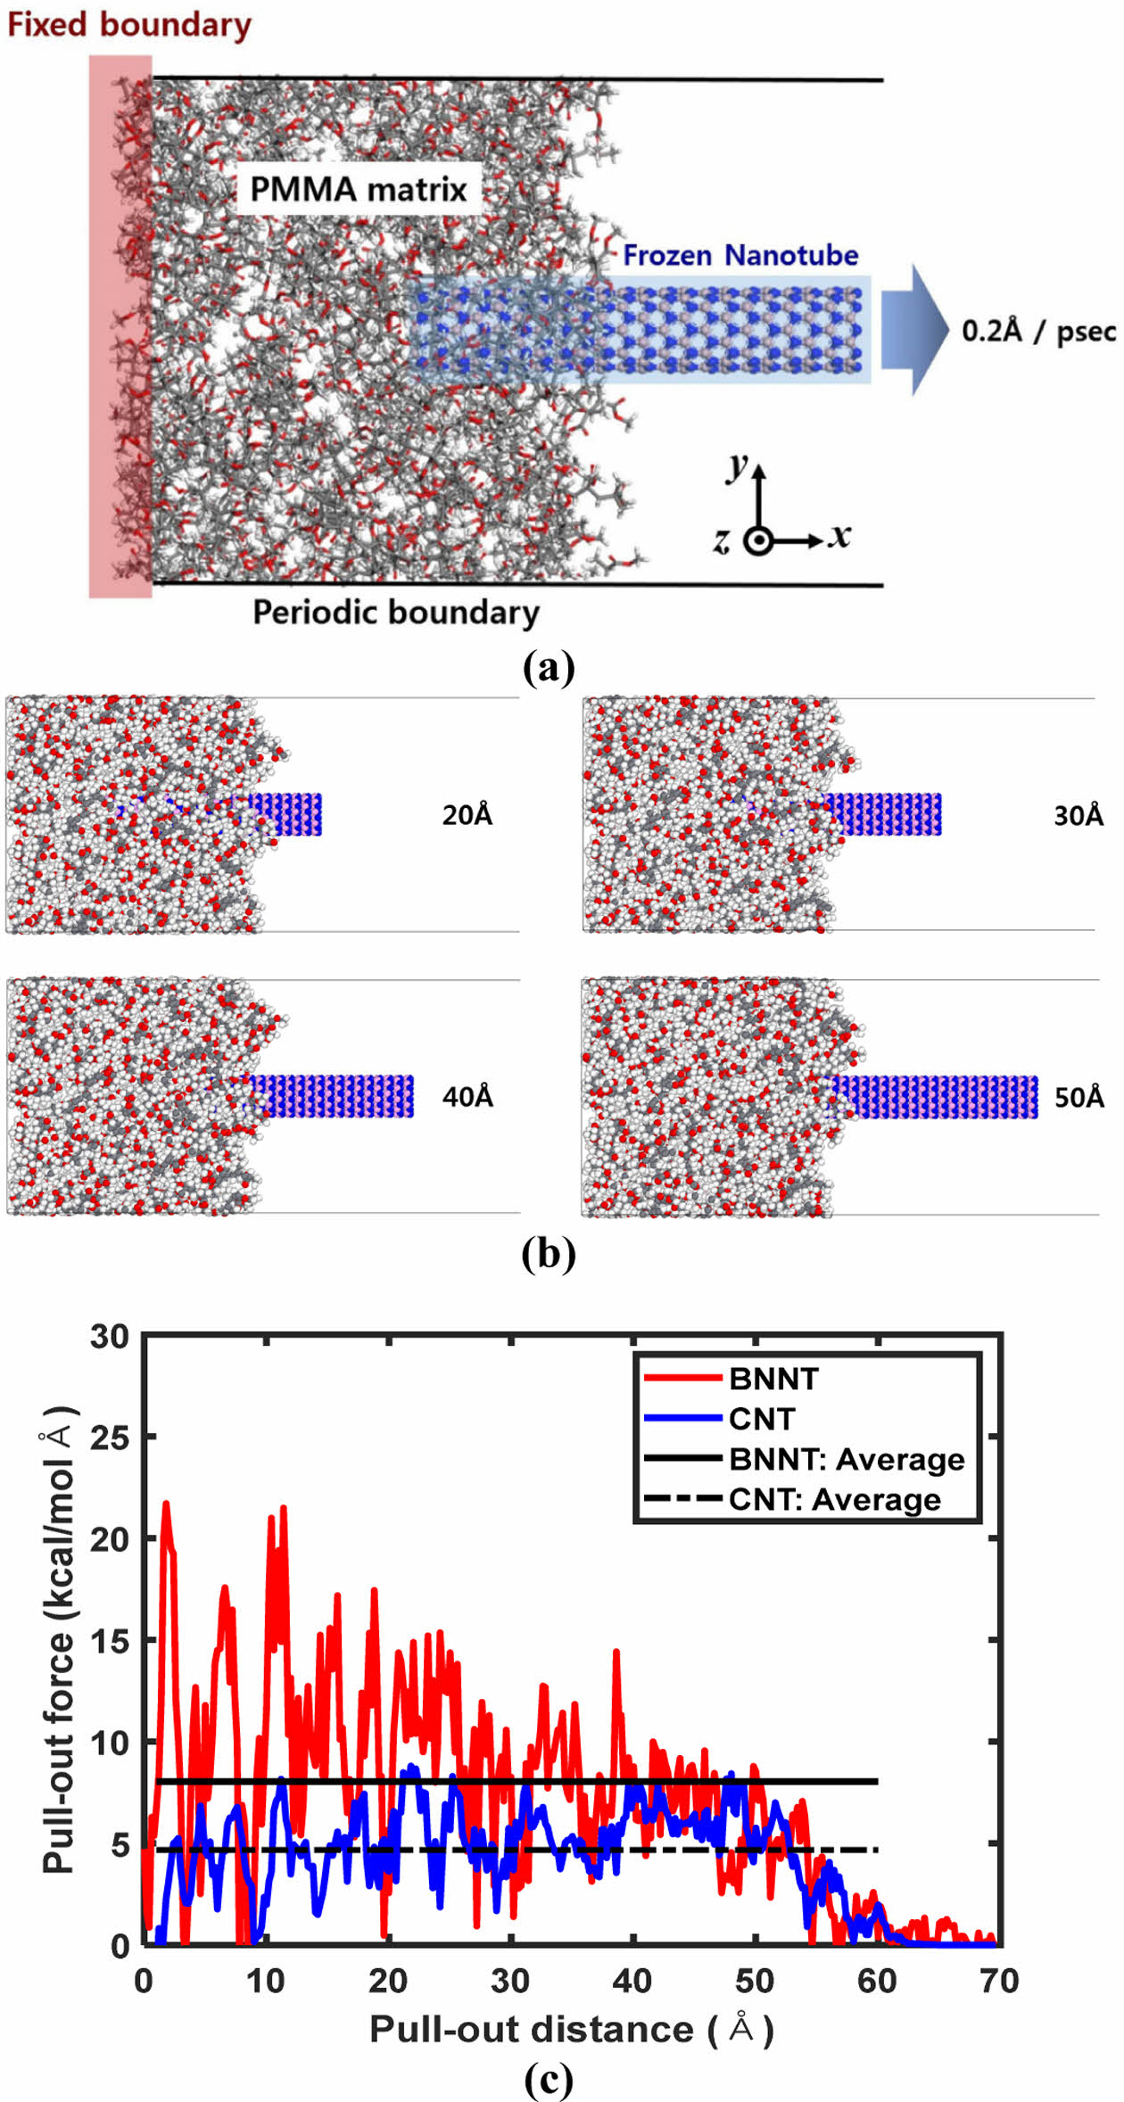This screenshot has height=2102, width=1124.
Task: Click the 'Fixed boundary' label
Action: (129, 25)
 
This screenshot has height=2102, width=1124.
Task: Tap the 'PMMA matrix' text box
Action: (359, 189)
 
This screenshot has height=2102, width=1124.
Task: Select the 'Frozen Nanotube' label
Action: (740, 256)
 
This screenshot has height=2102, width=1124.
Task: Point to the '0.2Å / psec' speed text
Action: (1038, 332)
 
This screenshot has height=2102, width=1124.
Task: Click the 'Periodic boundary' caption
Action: (396, 613)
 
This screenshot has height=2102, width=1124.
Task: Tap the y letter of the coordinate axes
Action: (737, 466)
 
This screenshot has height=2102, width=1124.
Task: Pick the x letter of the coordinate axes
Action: (839, 536)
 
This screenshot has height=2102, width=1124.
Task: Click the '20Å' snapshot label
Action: (467, 815)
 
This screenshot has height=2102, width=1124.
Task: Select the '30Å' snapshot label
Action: (1079, 816)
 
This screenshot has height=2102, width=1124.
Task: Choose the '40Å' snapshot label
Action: (467, 1096)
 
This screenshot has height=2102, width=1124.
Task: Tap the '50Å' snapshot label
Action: (1079, 1097)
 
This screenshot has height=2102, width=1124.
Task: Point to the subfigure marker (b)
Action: (549, 1253)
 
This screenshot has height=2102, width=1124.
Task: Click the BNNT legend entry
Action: (773, 1379)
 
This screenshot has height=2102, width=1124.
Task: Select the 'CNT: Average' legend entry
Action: (834, 1499)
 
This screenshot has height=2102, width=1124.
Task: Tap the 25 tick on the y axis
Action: (110, 1438)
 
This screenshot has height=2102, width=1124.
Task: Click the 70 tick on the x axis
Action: (999, 1981)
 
